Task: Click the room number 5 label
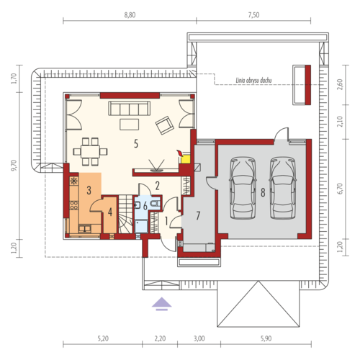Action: [x=136, y=144]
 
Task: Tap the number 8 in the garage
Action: [x=263, y=192]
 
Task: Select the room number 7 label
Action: [x=198, y=216]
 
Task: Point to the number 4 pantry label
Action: [x=110, y=212]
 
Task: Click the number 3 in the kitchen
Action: [x=89, y=190]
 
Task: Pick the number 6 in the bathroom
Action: [x=145, y=206]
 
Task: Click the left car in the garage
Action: [x=243, y=188]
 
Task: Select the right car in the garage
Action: [x=283, y=188]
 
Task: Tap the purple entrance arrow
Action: [x=162, y=304]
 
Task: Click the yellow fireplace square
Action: [x=186, y=160]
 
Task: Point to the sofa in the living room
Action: [x=130, y=108]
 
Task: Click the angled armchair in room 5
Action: [x=165, y=125]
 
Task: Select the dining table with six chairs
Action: [x=90, y=152]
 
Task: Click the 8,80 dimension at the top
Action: [x=130, y=15]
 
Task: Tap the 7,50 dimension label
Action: [x=253, y=15]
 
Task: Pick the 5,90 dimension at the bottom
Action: [x=266, y=338]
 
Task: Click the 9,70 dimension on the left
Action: [x=14, y=166]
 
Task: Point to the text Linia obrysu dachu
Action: [x=253, y=81]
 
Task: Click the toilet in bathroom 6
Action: [x=156, y=204]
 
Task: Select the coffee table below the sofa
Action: [x=130, y=125]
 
